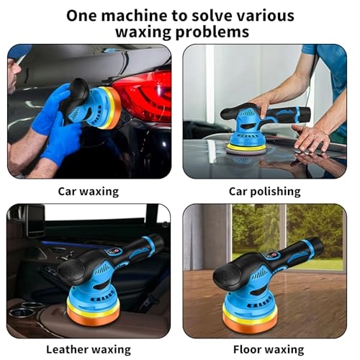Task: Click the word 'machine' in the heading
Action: pos(135,15)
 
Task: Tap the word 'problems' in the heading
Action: pos(216,32)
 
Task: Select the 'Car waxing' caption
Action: pos(89,192)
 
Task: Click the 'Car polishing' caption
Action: pos(264,192)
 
